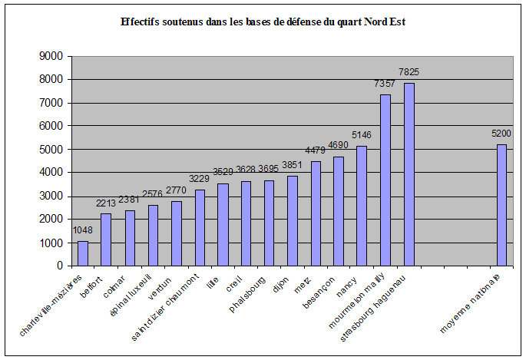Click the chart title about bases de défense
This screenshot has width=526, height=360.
[x=263, y=22]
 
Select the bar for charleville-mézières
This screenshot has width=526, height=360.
[x=83, y=253]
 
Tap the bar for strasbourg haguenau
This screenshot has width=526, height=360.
[x=409, y=174]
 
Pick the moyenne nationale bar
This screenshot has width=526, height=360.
[x=502, y=205]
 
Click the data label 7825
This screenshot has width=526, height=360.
[x=409, y=73]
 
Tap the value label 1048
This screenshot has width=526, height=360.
[x=83, y=230]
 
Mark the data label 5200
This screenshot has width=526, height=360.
[x=502, y=134]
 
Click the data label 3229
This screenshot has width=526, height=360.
[x=199, y=180]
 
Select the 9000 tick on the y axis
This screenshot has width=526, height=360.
[x=51, y=56]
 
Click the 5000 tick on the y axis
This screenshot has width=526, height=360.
[x=51, y=149]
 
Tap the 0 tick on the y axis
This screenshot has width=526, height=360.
[x=59, y=266]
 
